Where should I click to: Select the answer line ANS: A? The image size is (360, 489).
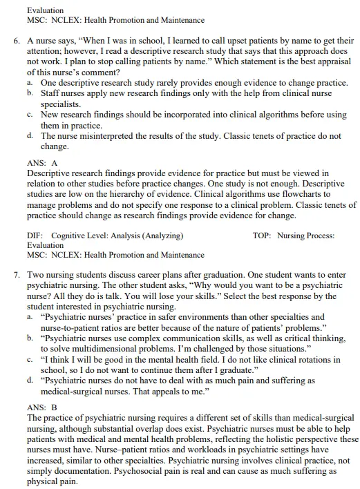click(x=41, y=162)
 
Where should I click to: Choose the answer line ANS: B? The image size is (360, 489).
click(x=41, y=408)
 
